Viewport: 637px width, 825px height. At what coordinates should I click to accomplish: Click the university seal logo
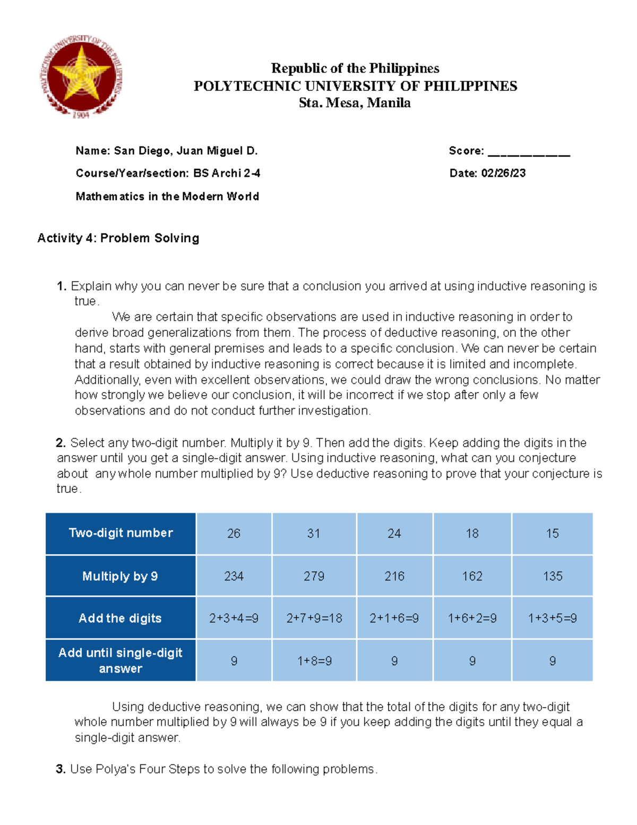coord(81,77)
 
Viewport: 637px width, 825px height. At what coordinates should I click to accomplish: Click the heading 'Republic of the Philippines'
coord(355,69)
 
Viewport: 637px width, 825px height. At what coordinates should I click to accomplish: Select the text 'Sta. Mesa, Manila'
coord(355,103)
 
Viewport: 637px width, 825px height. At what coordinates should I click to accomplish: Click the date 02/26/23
coord(503,173)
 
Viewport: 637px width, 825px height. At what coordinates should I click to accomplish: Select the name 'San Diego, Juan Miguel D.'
coord(186,151)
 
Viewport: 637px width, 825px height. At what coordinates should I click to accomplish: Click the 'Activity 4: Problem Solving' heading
coord(118,238)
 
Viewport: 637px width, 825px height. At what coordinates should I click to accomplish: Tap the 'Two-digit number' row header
coord(120,533)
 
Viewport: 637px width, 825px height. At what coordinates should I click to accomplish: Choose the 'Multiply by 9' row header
coord(120,576)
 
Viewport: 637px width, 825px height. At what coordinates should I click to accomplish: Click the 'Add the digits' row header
coord(120,618)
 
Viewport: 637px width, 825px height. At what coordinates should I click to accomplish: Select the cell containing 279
coord(314,576)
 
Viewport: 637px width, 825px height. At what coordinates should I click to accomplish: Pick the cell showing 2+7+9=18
coord(314,618)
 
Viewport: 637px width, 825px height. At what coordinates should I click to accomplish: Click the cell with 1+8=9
coord(314,661)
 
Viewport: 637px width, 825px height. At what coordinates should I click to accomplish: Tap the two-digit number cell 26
coord(234,533)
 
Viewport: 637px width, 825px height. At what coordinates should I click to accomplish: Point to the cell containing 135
coord(552,576)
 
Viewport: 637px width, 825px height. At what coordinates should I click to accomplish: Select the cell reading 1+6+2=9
coord(472,618)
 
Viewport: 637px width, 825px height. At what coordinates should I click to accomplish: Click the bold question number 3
coord(61,769)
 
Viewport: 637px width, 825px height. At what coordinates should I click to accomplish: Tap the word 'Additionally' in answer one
coord(107,380)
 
